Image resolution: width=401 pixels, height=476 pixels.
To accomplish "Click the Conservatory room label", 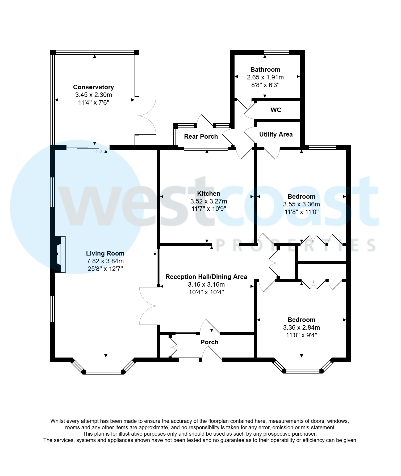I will pyautogui.click(x=93, y=87).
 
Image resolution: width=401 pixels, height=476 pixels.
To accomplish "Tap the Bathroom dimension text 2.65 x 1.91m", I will pyautogui.click(x=265, y=77).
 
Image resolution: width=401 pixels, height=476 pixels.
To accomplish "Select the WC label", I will pyautogui.click(x=276, y=110).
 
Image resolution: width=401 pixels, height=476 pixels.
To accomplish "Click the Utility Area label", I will pyautogui.click(x=276, y=134).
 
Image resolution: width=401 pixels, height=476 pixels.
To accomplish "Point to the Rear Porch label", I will pyautogui.click(x=201, y=137).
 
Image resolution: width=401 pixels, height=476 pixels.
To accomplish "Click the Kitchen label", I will pyautogui.click(x=208, y=194).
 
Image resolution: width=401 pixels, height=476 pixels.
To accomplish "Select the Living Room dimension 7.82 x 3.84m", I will pyautogui.click(x=105, y=261).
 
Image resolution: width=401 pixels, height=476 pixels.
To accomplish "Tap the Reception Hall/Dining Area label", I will pyautogui.click(x=206, y=277).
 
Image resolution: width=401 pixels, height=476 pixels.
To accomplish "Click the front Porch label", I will pyautogui.click(x=209, y=342).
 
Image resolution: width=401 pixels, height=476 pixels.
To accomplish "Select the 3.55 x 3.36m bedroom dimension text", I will pyautogui.click(x=301, y=204).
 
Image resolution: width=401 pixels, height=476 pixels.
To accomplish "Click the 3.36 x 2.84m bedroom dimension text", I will pyautogui.click(x=301, y=328).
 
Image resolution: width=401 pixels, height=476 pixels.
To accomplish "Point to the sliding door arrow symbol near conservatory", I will pyautogui.click(x=99, y=151).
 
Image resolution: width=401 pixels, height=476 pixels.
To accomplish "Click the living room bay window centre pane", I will pyautogui.click(x=104, y=372).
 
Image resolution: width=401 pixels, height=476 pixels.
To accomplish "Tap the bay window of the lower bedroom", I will pyautogui.click(x=303, y=371).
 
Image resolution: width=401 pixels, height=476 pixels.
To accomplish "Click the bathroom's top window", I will pyautogui.click(x=277, y=52).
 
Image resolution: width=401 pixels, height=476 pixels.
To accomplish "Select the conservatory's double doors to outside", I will pyautogui.click(x=146, y=116).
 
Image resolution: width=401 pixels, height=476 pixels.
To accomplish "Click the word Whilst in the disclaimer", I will pyautogui.click(x=58, y=421).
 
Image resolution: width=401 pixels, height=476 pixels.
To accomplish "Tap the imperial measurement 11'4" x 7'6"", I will pyautogui.click(x=94, y=103).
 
